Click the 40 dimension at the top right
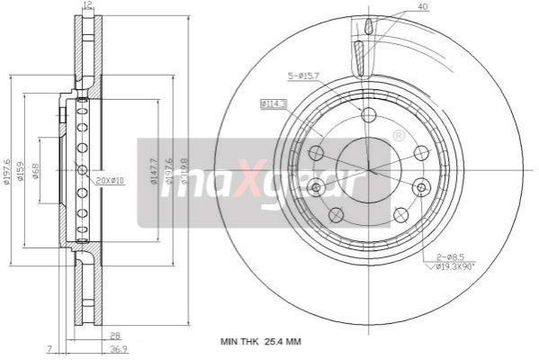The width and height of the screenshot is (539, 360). click(422, 7)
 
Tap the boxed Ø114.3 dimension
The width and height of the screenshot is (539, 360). click(274, 105)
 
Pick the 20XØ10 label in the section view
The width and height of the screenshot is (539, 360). click(111, 181)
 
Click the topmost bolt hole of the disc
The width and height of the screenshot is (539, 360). click(367, 114)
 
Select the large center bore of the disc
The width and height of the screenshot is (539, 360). click(368, 167)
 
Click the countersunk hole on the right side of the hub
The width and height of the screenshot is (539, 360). click(421, 187)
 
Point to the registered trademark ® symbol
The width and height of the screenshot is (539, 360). click(399, 136)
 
